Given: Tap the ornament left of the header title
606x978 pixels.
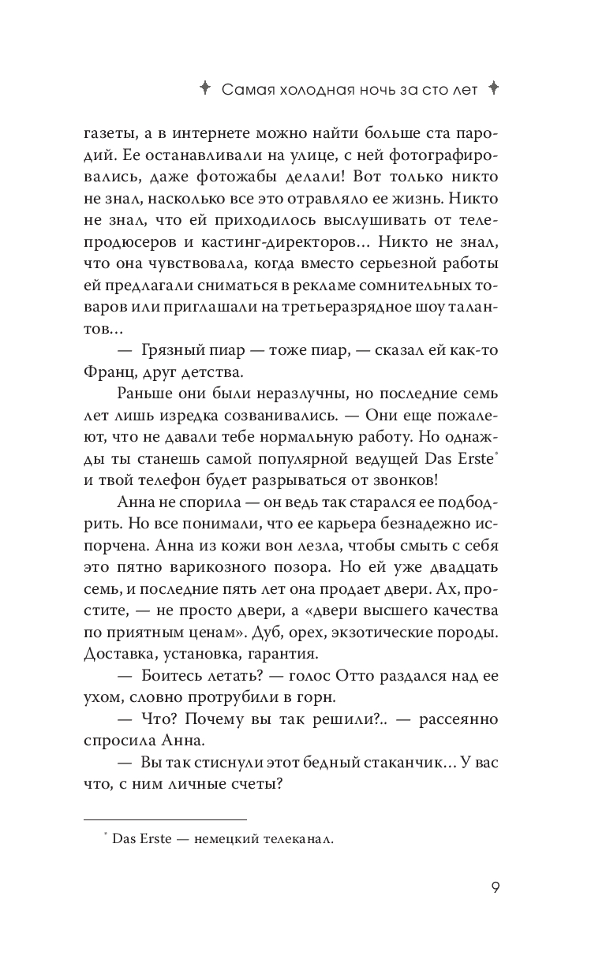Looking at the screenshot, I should click(x=203, y=88).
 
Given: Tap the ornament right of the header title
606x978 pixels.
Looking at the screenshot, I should click(x=494, y=88).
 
